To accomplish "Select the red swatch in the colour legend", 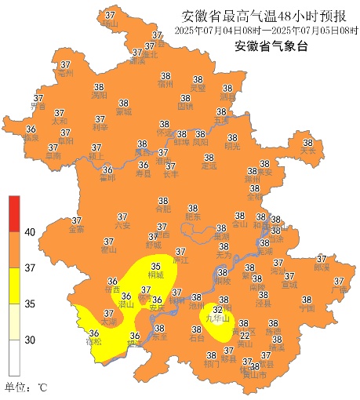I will click(14, 213).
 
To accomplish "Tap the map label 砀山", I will click(110, 24).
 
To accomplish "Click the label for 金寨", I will click(76, 230).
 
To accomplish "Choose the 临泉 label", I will click(31, 137).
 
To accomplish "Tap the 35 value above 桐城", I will click(157, 267).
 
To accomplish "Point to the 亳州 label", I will click(65, 73).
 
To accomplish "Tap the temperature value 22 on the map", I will click(244, 335).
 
